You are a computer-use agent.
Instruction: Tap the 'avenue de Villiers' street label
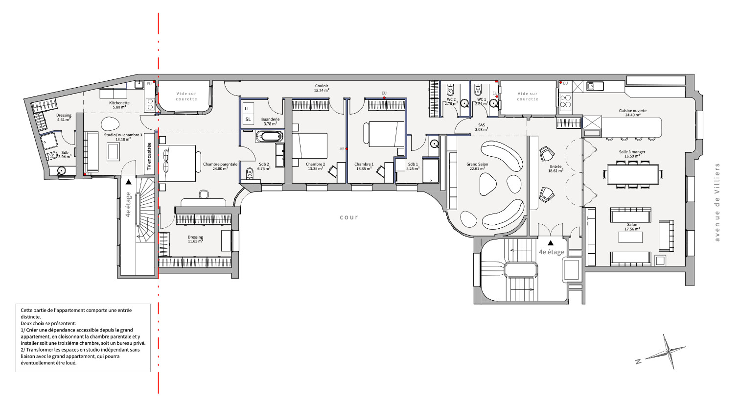pyautogui.click(x=717, y=202)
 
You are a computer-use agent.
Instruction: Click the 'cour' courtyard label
pyautogui.click(x=349, y=217)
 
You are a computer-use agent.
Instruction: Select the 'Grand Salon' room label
pyautogui.click(x=477, y=165)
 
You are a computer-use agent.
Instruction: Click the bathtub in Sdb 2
pyautogui.click(x=269, y=137)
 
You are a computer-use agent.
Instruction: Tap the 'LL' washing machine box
pyautogui.click(x=248, y=108)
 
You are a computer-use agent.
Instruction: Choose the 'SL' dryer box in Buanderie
pyautogui.click(x=248, y=119)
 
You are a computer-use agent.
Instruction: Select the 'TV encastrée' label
pyautogui.click(x=149, y=157)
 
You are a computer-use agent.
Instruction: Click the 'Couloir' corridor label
pyautogui.click(x=322, y=86)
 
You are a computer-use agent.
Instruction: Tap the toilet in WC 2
pyautogui.click(x=450, y=91)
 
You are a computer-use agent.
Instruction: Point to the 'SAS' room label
pyautogui.click(x=482, y=125)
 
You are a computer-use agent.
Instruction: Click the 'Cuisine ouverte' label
pyautogui.click(x=632, y=111)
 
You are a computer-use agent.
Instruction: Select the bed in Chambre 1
pyautogui.click(x=384, y=134)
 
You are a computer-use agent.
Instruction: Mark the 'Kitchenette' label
pyautogui.click(x=119, y=103)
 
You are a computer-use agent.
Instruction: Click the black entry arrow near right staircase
pyautogui.click(x=551, y=242)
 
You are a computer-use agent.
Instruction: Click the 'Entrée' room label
pyautogui.click(x=555, y=167)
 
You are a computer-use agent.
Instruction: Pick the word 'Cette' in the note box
pyautogui.click(x=26, y=310)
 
